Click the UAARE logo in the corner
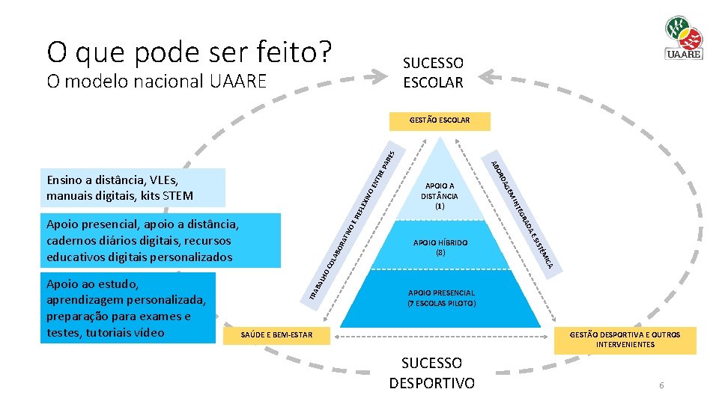[x=682, y=38]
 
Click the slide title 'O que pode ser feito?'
[x=189, y=52]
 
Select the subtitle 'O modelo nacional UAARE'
[x=156, y=81]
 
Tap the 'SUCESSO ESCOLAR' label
[x=433, y=73]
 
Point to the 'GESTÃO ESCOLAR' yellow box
[x=440, y=120]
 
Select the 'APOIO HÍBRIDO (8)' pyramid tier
[x=440, y=248]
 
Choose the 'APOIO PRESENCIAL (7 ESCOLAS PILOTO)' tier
[x=441, y=298]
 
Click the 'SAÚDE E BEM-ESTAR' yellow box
[x=276, y=334]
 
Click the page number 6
[x=661, y=385]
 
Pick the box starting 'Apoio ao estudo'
[x=127, y=308]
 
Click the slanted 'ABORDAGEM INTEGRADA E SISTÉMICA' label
[x=523, y=213]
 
